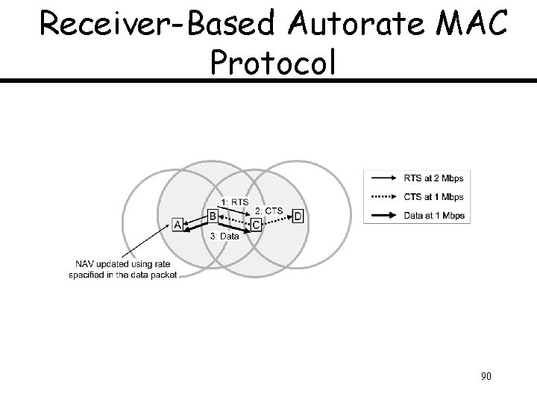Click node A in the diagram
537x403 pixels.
click(x=178, y=224)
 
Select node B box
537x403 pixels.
click(x=213, y=216)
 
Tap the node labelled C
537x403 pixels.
click(x=256, y=224)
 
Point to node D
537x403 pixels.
click(x=298, y=216)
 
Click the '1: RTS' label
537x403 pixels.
click(x=236, y=201)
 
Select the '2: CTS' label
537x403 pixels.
click(x=269, y=210)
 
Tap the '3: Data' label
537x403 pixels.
click(x=224, y=236)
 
